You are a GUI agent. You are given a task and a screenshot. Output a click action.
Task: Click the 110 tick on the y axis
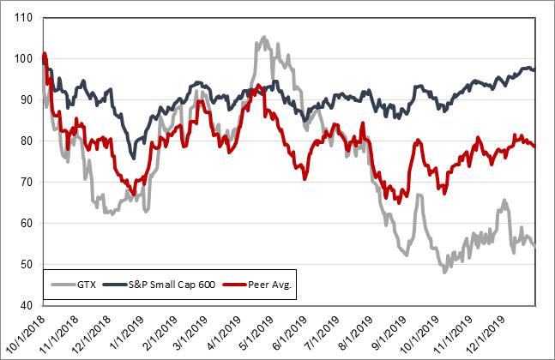click(24, 18)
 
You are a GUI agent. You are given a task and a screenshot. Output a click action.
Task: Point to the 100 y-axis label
click(24, 59)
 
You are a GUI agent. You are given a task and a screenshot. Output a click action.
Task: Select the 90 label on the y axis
click(26, 100)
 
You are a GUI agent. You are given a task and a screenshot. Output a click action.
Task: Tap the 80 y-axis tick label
click(26, 141)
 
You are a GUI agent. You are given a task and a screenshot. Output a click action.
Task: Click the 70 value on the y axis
click(26, 183)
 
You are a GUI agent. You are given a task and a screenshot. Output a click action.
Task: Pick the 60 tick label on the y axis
click(26, 224)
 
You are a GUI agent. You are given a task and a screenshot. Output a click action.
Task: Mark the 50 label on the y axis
click(26, 265)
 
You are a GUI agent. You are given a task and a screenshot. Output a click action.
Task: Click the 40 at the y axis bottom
click(26, 306)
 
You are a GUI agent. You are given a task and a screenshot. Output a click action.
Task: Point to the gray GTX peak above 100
click(262, 38)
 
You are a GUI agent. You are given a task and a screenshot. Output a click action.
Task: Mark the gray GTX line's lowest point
click(443, 270)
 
